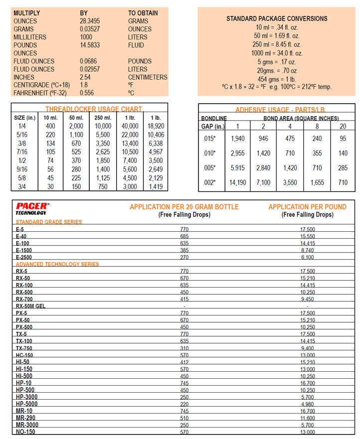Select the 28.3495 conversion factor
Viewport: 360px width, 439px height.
(x=92, y=21)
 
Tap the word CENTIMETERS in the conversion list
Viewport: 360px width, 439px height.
(x=148, y=77)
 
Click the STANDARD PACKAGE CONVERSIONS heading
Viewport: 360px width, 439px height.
(x=277, y=18)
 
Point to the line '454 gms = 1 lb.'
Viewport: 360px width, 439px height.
(x=277, y=78)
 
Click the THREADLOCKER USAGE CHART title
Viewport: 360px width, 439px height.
(x=94, y=109)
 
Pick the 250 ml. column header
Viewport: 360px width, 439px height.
(x=103, y=118)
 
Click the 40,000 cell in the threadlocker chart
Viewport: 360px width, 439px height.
(x=130, y=126)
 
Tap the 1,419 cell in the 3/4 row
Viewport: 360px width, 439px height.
(x=156, y=186)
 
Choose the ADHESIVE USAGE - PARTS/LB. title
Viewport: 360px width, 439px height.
(x=277, y=110)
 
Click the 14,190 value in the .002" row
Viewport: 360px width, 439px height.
(x=238, y=183)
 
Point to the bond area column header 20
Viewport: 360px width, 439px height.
(x=343, y=127)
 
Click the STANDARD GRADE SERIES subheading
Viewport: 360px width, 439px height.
(x=49, y=222)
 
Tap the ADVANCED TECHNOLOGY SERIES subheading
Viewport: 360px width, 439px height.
(x=57, y=264)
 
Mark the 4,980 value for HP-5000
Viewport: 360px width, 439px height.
(x=307, y=404)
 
